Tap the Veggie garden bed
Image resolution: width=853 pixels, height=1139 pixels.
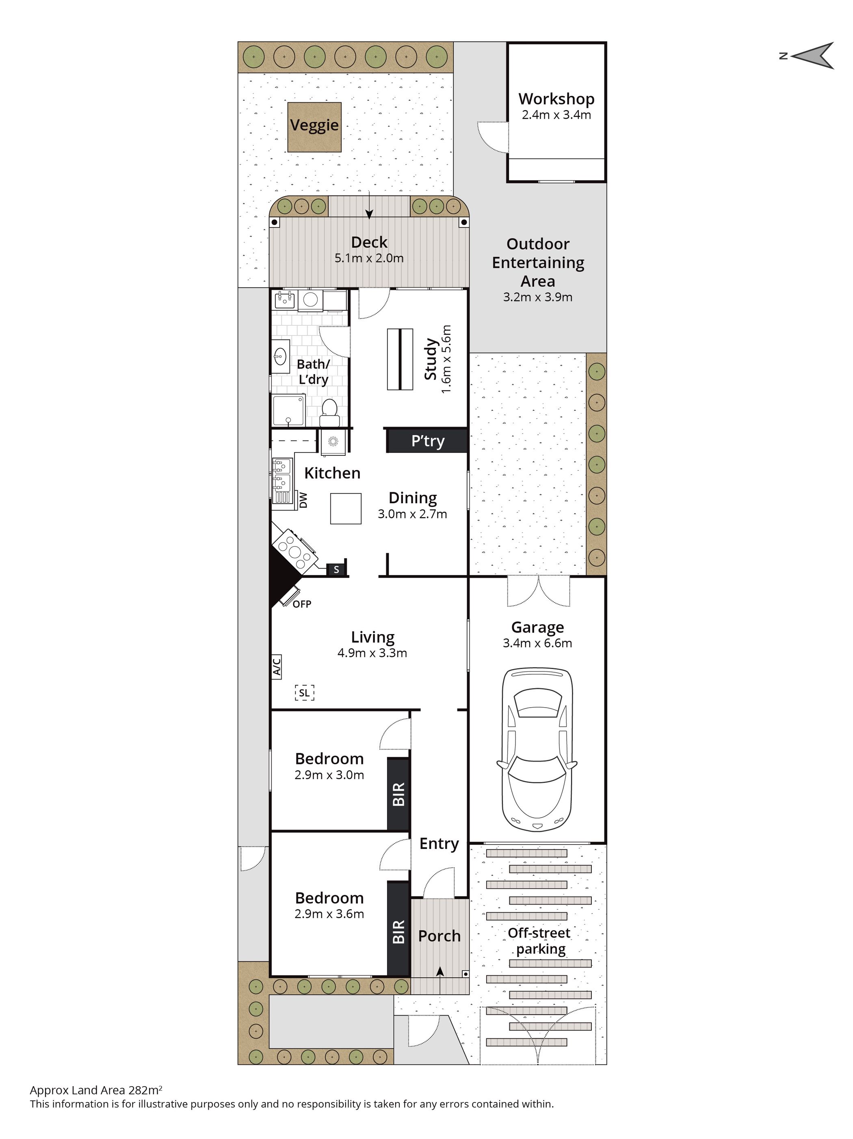pyautogui.click(x=314, y=127)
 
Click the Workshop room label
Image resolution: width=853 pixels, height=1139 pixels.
pyautogui.click(x=556, y=99)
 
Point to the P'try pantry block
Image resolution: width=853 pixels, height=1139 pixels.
pyautogui.click(x=427, y=441)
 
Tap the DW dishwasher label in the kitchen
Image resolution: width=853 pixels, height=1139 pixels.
pyautogui.click(x=303, y=500)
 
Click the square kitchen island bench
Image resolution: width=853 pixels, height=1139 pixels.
pyautogui.click(x=345, y=508)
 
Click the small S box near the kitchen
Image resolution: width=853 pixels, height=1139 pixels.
pyautogui.click(x=336, y=569)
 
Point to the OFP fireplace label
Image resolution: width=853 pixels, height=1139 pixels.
pyautogui.click(x=302, y=604)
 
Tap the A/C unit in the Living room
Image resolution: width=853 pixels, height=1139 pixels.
pyautogui.click(x=277, y=666)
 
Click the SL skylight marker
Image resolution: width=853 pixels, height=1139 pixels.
pyautogui.click(x=304, y=693)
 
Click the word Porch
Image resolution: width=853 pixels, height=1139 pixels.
pyautogui.click(x=439, y=936)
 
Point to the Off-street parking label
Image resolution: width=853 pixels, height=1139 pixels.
pyautogui.click(x=539, y=941)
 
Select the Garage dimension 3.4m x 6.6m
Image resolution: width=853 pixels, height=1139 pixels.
pyautogui.click(x=537, y=643)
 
